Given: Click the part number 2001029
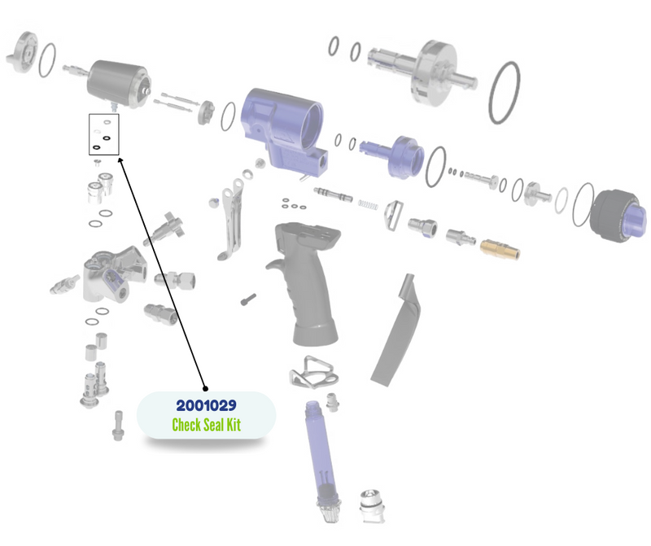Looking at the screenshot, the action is tap(207, 405).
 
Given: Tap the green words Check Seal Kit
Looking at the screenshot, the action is tap(207, 425).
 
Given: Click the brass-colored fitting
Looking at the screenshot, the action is tap(500, 249).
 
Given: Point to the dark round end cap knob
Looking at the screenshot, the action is tap(618, 216).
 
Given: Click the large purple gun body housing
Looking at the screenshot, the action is tap(282, 129).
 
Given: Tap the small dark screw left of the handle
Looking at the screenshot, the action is tap(248, 299).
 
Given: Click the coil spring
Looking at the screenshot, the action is tap(369, 205).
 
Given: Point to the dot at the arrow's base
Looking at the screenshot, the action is tap(205, 389).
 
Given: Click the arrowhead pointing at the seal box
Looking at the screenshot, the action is tap(121, 160).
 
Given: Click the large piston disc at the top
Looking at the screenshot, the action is tap(436, 72).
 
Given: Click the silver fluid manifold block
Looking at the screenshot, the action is tap(114, 274).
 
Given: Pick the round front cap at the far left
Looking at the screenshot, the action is tap(23, 53).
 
